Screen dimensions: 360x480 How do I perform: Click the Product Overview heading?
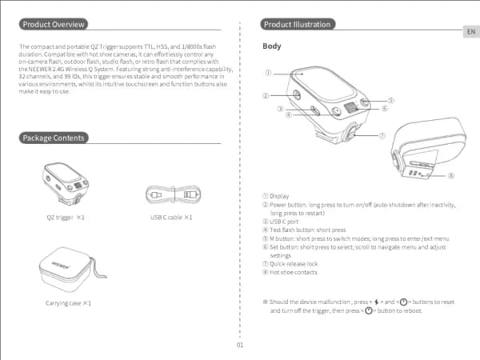pyautogui.click(x=53, y=25)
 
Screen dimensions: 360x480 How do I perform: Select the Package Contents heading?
pyautogui.click(x=53, y=138)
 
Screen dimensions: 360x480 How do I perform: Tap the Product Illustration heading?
pyautogui.click(x=296, y=25)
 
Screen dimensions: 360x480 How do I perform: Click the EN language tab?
pyautogui.click(x=470, y=31)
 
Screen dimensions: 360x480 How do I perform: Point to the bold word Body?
pyautogui.click(x=272, y=46)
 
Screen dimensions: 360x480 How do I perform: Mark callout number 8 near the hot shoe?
pyautogui.click(x=451, y=176)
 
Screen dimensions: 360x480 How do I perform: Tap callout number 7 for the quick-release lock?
pyautogui.click(x=382, y=135)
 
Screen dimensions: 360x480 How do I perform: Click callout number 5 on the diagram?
pyautogui.click(x=391, y=100)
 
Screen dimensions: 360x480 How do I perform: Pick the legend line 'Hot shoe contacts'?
pyautogui.click(x=294, y=272)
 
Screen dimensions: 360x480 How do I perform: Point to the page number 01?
pyautogui.click(x=240, y=345)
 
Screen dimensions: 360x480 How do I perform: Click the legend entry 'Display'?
pyautogui.click(x=279, y=196)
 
